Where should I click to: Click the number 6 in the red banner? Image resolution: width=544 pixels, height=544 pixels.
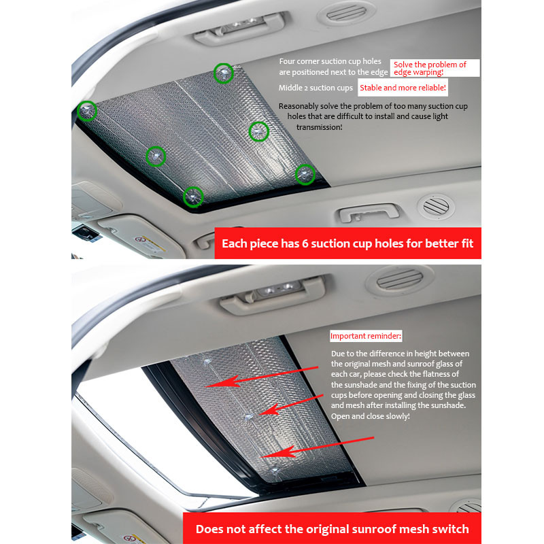click(x=305, y=243)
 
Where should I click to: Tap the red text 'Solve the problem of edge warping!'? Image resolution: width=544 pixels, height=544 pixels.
click(x=430, y=69)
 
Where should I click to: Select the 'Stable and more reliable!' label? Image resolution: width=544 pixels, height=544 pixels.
click(x=403, y=88)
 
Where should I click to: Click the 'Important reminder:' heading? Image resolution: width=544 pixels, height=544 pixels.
click(x=366, y=336)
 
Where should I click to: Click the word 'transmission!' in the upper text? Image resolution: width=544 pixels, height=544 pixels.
click(x=319, y=127)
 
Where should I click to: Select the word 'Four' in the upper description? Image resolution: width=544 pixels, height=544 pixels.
click(x=287, y=61)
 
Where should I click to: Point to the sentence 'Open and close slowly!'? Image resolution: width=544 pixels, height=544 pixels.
click(x=370, y=416)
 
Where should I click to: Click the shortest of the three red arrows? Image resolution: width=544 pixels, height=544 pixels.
click(x=292, y=405)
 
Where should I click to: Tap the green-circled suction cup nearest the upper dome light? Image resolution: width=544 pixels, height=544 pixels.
click(x=223, y=73)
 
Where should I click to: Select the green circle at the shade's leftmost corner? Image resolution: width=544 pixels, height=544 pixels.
click(x=87, y=111)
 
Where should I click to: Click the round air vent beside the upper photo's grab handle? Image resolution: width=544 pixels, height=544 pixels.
click(x=436, y=206)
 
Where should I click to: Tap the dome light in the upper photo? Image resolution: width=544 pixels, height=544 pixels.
click(x=239, y=28)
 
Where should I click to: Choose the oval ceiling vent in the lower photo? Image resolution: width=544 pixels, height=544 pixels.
click(x=400, y=279)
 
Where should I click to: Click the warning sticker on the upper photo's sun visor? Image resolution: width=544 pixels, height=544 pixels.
click(x=150, y=243)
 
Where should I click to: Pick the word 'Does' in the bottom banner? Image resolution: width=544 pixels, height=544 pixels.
click(x=208, y=529)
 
